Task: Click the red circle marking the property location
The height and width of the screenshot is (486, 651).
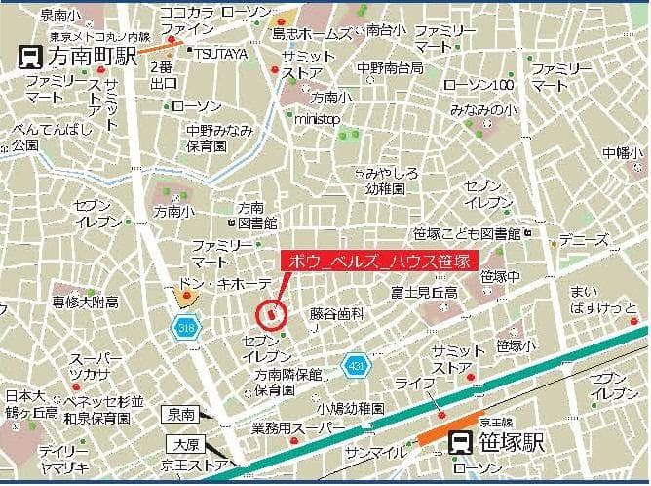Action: click(271, 313)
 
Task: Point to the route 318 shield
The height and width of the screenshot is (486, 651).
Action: click(185, 327)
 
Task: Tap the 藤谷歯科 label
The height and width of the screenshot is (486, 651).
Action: click(337, 314)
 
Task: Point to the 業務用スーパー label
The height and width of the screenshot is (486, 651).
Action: click(297, 428)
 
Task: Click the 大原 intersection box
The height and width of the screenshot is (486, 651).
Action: click(182, 445)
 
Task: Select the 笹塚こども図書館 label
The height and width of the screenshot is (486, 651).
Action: click(467, 234)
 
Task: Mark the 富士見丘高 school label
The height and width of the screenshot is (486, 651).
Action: click(423, 292)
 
